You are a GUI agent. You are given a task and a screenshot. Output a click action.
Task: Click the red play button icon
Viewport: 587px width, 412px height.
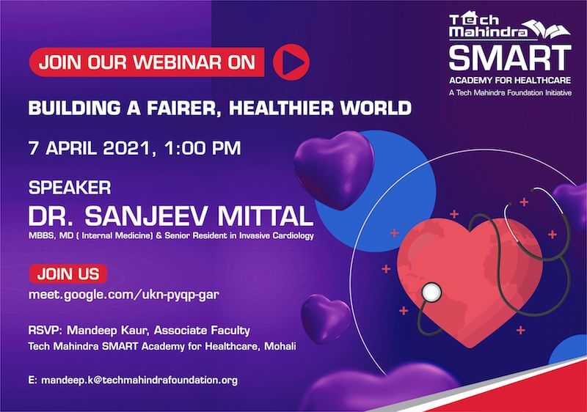(x=291, y=62)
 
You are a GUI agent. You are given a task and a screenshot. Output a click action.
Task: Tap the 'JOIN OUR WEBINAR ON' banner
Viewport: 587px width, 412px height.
(x=147, y=62)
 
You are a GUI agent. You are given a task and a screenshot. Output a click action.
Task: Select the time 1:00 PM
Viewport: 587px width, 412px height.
(x=203, y=148)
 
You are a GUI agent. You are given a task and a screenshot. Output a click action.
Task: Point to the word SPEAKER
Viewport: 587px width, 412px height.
(x=70, y=188)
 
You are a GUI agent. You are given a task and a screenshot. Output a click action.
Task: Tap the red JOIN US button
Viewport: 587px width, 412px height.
(x=68, y=273)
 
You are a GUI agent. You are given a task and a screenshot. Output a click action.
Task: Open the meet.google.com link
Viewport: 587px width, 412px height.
(x=123, y=295)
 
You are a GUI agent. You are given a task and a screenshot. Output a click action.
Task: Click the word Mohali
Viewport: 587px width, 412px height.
(x=280, y=346)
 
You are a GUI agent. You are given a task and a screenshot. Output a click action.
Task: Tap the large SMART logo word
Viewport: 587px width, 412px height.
(x=510, y=57)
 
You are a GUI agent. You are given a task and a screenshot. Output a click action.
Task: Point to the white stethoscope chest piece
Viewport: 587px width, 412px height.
(x=431, y=293)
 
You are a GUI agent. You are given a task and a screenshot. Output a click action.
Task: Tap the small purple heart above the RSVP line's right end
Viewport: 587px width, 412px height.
(x=326, y=317)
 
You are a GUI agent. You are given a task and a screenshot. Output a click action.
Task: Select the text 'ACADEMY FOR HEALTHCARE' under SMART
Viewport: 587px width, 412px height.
(x=510, y=80)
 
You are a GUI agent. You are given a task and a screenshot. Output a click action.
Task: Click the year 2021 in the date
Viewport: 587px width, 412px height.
(x=126, y=148)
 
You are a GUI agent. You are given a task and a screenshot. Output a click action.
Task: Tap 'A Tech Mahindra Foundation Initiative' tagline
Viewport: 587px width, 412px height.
(x=510, y=92)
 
